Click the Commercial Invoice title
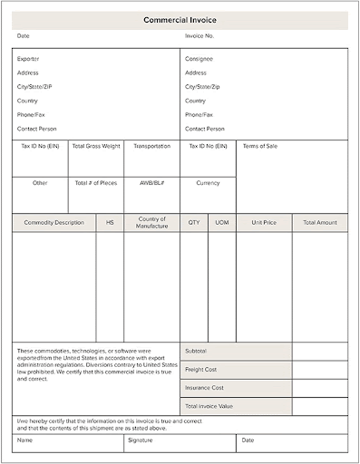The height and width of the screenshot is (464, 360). [x=180, y=19]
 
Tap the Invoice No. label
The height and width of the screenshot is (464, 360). [x=199, y=36]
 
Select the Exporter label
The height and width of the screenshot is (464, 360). [x=28, y=59]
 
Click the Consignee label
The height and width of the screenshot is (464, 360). [x=199, y=59]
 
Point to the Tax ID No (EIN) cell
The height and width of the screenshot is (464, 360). [x=40, y=146]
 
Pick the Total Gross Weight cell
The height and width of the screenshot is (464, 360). [x=96, y=146]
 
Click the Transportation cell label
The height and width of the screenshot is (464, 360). [x=151, y=146]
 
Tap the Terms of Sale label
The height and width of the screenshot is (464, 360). [x=260, y=146]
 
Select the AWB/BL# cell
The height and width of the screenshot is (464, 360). [x=151, y=183]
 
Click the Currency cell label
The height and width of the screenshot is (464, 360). [x=208, y=183]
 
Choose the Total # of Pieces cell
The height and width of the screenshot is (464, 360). [x=96, y=183]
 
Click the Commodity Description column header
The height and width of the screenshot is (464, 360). [x=54, y=222]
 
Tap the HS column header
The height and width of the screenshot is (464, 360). [x=110, y=222]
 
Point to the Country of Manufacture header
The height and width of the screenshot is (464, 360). [x=151, y=222]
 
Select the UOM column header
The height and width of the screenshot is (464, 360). [x=221, y=222]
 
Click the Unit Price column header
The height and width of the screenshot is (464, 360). [x=264, y=222]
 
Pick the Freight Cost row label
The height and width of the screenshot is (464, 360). [x=200, y=370]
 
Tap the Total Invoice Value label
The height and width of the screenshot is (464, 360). [x=209, y=407]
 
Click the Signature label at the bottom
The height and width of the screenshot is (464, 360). [x=141, y=440]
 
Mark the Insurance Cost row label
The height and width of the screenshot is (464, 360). [x=203, y=388]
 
